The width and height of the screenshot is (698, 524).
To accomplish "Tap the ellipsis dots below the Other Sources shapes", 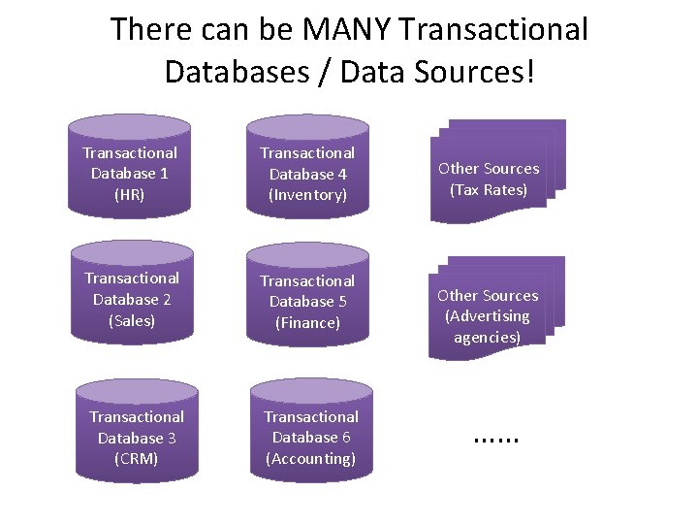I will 496,439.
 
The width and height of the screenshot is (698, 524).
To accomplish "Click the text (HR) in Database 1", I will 130,194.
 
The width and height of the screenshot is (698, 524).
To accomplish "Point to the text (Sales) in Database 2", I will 132,320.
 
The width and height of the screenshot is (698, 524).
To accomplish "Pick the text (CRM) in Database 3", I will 136,458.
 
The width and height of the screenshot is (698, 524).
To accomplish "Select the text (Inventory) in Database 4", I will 307,195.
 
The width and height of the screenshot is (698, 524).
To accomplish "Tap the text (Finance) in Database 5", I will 307,322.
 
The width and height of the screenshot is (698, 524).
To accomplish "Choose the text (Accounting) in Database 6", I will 311,458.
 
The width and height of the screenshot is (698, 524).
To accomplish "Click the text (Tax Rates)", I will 489,189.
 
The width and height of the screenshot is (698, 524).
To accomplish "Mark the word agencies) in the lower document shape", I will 488,338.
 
